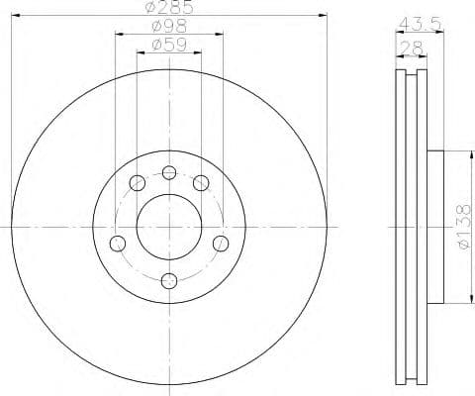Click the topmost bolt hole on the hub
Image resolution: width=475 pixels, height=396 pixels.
[169, 174]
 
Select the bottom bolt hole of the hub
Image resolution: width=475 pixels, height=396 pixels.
[168, 279]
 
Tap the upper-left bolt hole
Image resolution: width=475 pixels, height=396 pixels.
[136, 183]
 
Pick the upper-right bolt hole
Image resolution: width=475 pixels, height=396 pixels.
[201, 183]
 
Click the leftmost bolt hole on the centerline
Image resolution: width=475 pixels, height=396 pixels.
[118, 243]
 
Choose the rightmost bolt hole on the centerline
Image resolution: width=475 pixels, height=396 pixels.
[220, 243]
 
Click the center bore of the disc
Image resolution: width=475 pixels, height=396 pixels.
[168, 227]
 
